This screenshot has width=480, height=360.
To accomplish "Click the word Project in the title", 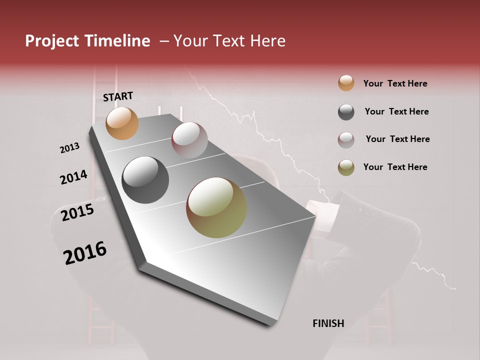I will click(51, 41).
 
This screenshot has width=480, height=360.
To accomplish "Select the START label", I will click(118, 96).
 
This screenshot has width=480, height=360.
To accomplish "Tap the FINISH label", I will click(328, 323).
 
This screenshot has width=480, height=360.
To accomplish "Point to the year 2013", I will click(69, 148).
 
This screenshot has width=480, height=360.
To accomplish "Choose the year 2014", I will click(73, 177).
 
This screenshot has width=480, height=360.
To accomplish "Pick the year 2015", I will click(77, 212).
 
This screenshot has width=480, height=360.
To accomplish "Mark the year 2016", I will click(85, 252).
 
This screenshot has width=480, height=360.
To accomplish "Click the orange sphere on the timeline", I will click(122, 123).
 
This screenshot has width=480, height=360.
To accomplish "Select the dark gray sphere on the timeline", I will click(145, 180).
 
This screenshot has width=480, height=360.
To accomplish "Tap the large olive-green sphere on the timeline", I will click(216, 207).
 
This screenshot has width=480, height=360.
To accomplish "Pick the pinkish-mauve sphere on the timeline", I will click(189, 140).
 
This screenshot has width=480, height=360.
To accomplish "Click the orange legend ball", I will click(346, 83).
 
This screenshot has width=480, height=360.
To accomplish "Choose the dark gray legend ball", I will click(346, 112).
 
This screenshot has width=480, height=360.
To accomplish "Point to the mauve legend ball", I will click(346, 140).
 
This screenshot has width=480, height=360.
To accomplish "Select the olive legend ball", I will click(346, 167).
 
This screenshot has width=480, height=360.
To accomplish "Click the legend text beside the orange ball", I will click(395, 83).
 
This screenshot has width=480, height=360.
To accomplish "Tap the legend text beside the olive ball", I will click(395, 167).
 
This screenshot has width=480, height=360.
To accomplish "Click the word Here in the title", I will click(267, 41).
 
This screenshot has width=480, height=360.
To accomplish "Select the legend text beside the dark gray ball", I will click(396, 111).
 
